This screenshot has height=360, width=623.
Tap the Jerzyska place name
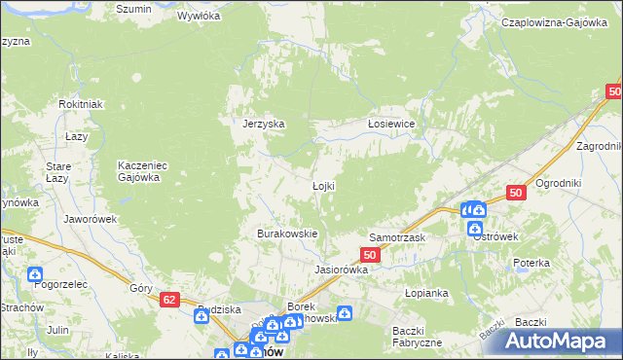(263, 124)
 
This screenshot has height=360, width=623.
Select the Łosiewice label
(391, 124)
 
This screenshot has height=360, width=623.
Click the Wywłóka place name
(200, 17)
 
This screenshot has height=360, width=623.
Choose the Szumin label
(133, 9)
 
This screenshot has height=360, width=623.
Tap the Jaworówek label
(91, 219)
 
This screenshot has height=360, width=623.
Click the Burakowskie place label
(287, 234)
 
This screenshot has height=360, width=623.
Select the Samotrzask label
(397, 237)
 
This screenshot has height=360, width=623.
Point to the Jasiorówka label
(340, 270)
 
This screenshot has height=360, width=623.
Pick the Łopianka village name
(425, 291)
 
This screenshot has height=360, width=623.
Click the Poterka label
(532, 263)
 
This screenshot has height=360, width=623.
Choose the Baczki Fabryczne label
(418, 336)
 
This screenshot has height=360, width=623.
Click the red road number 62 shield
(169, 302)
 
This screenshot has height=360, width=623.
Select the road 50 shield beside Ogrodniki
(516, 194)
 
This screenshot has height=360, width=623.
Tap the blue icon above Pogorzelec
(35, 274)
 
